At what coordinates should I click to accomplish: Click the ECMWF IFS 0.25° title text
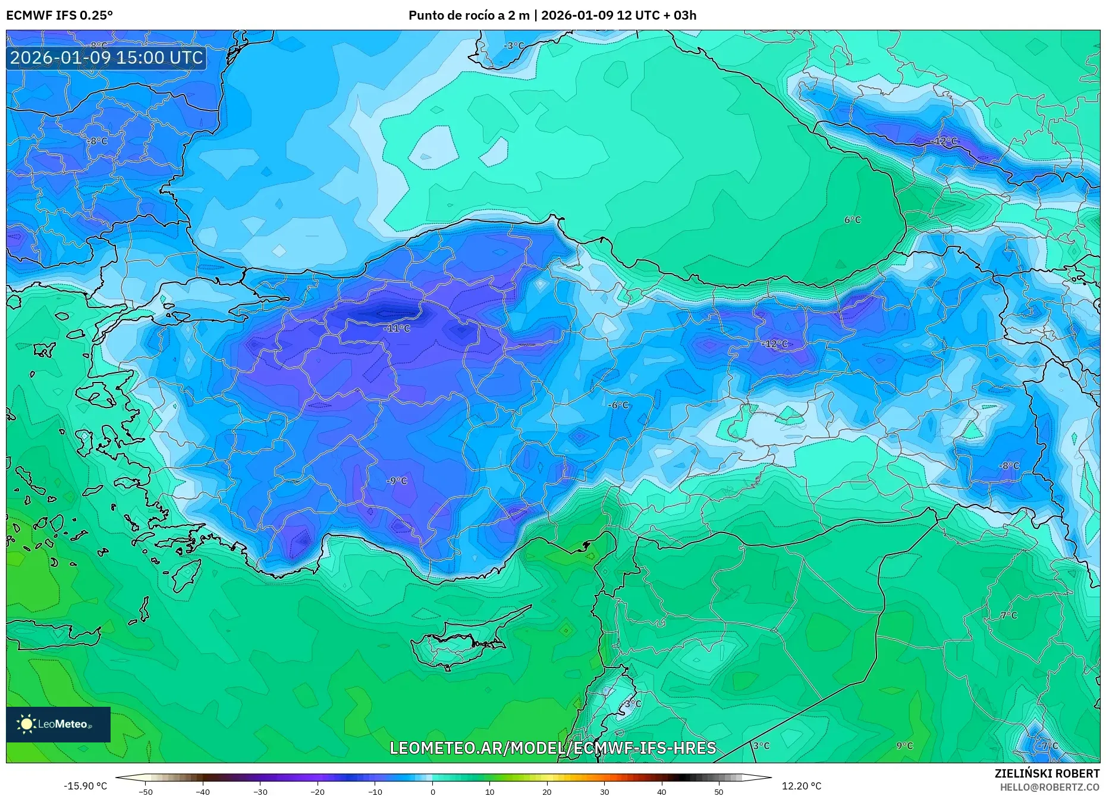[59, 15]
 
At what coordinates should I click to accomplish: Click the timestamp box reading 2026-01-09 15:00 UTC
[106, 58]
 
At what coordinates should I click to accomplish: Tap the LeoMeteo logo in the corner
[58, 724]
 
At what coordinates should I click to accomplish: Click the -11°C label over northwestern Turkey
[397, 328]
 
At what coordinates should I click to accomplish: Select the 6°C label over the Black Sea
[852, 220]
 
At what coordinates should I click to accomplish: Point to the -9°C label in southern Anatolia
[397, 481]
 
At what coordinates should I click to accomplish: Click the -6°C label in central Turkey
[618, 405]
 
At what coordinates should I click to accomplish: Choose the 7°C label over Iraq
[1008, 616]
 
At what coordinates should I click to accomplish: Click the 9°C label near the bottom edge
[904, 745]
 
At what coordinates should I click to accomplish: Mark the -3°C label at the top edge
[514, 46]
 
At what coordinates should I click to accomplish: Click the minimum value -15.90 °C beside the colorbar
[86, 786]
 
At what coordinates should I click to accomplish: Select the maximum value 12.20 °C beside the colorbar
[801, 786]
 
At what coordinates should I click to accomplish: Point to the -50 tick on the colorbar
[146, 791]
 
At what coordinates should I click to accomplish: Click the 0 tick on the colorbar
[432, 791]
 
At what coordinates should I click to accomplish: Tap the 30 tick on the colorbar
[604, 791]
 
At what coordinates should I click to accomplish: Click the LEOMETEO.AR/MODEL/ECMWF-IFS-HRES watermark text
[552, 748]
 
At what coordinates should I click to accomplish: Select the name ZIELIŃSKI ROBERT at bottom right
[1047, 773]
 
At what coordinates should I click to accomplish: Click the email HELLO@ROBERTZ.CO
[1049, 787]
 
